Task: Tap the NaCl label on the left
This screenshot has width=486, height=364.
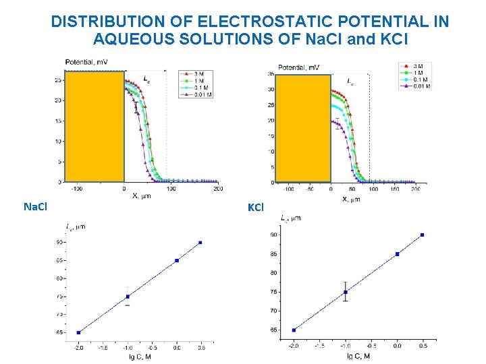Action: (35, 206)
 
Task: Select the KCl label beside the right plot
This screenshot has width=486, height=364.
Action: (255, 208)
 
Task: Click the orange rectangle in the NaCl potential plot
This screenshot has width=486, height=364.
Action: (94, 126)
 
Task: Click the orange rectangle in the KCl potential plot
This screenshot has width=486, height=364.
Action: (303, 128)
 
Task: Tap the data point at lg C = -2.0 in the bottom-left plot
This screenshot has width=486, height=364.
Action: (78, 332)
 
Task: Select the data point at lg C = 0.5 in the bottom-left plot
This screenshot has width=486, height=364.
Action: (200, 243)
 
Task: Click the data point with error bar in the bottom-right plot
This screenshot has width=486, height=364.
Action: (346, 292)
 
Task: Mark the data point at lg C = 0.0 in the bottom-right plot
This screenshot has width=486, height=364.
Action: (398, 254)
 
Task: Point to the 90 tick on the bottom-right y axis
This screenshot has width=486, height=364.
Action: (273, 235)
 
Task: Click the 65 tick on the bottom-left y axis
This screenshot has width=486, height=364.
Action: (60, 332)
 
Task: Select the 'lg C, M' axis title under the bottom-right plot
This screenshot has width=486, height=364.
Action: (358, 356)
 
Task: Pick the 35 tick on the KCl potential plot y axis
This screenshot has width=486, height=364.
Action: (270, 73)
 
